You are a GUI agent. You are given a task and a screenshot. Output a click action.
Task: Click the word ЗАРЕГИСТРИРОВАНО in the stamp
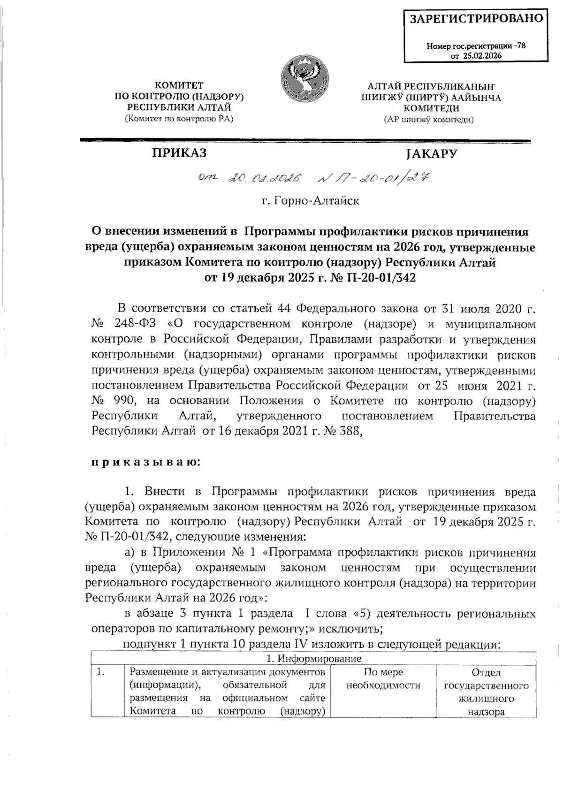(477, 19)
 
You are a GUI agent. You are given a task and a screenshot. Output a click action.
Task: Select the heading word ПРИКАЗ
(179, 153)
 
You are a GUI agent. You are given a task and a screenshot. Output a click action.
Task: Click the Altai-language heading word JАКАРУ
(432, 154)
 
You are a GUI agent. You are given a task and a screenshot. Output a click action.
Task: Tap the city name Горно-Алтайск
(311, 201)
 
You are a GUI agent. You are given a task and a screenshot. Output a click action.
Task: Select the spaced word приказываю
(145, 462)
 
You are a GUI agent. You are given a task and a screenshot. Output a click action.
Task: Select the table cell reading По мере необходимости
(383, 678)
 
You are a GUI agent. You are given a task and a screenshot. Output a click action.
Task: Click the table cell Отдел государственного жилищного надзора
(486, 692)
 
